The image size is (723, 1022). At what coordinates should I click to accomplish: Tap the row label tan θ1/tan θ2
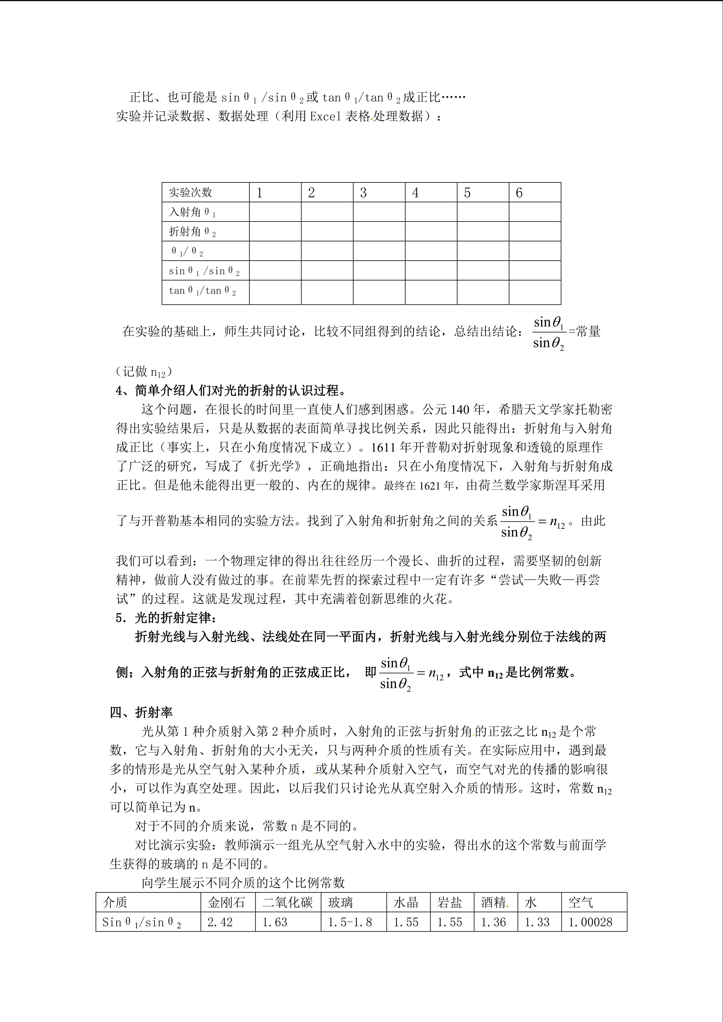click(202, 291)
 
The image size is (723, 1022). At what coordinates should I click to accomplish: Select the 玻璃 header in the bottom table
click(341, 902)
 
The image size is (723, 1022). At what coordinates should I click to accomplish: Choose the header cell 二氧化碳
click(288, 902)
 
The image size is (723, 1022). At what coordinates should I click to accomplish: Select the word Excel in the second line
click(326, 116)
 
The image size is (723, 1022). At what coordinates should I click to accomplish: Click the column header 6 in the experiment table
click(519, 193)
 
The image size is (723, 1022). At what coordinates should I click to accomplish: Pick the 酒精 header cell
click(493, 902)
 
